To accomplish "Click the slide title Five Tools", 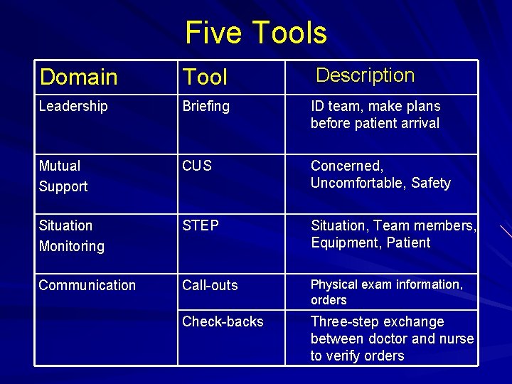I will click(256, 33).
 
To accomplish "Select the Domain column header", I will click(78, 77).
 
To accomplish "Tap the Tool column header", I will click(205, 77).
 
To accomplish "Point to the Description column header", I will click(365, 75).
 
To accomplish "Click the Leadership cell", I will click(73, 107).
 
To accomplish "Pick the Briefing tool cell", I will click(206, 107).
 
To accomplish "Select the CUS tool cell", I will click(197, 166).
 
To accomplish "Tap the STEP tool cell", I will click(201, 225).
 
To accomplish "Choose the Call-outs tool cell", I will click(210, 285).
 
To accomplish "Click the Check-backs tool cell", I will click(223, 321).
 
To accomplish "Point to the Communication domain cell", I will click(87, 285).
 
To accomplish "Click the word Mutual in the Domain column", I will click(60, 166).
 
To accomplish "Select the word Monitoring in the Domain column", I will click(71, 247).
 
